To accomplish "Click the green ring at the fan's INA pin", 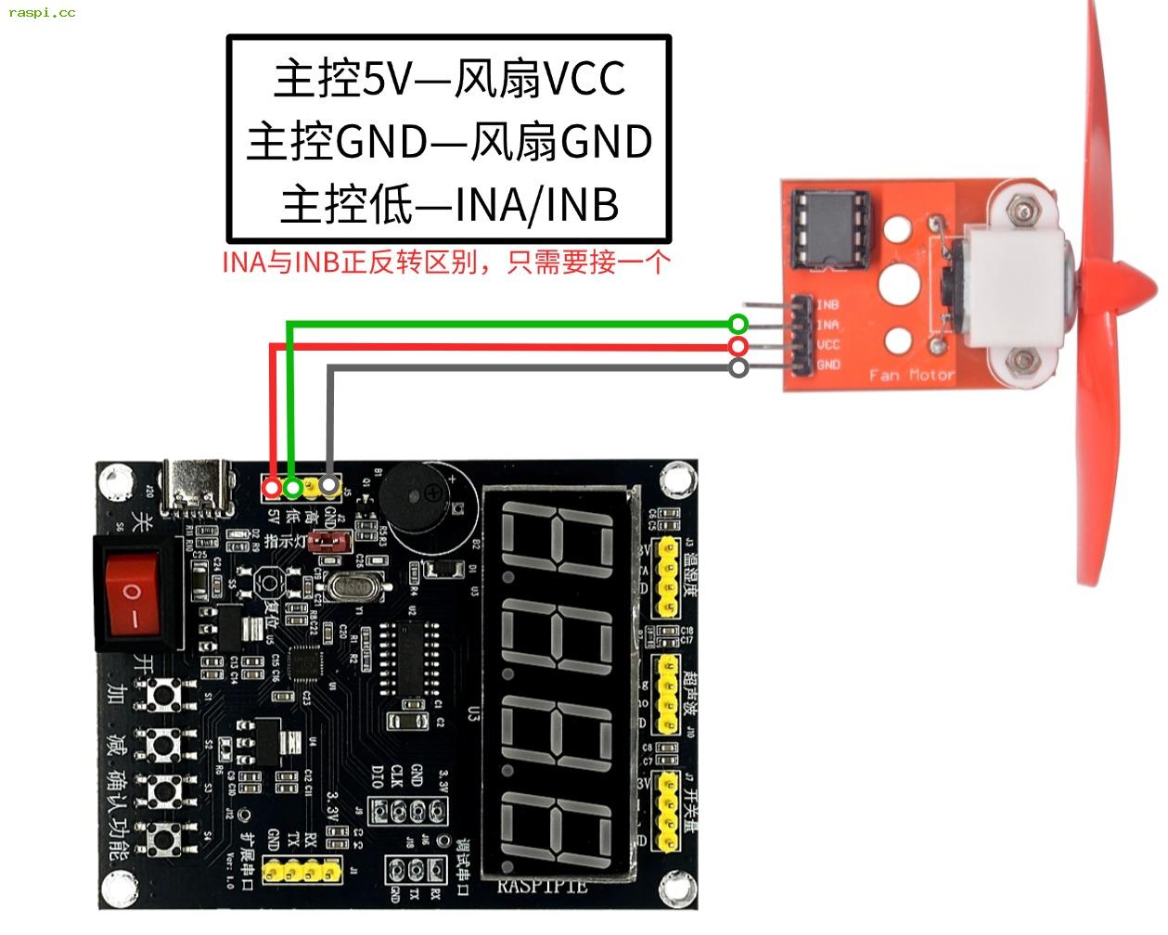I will point(738,324).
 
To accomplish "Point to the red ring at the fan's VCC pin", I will point(738,346).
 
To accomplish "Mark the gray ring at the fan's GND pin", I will point(738,368).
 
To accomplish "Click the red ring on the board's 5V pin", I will point(272,487).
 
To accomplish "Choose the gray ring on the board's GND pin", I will point(328,485).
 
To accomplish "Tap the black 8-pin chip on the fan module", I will point(830,226).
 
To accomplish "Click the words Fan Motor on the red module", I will point(911,375).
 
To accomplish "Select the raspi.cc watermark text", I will point(42,12).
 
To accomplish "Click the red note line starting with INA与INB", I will point(445,263).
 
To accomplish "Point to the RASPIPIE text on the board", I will point(543,886).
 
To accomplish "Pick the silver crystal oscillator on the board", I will point(353,586).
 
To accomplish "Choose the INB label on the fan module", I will point(828,304).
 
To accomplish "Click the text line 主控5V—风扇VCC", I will point(449,79).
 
